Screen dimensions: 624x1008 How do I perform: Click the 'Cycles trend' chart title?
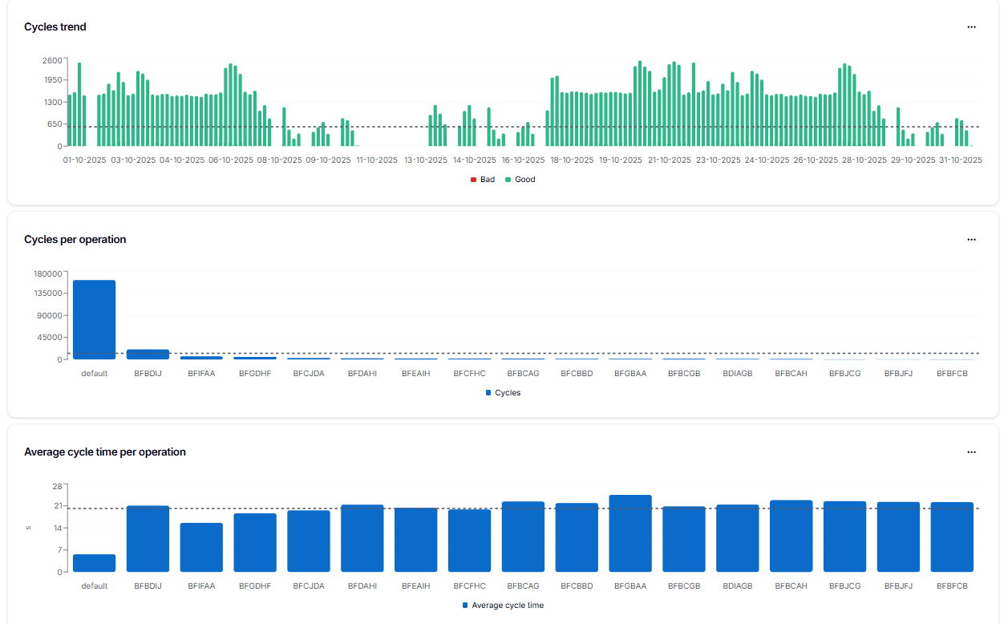click(x=55, y=27)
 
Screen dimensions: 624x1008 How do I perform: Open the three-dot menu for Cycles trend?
click(x=971, y=27)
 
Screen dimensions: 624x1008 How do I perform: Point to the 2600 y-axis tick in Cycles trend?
click(x=52, y=60)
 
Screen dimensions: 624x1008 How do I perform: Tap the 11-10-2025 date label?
click(x=377, y=160)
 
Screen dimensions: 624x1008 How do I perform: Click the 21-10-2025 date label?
click(x=669, y=160)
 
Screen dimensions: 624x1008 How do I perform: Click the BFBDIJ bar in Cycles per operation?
click(x=148, y=355)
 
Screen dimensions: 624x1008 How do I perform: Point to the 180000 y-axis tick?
click(x=48, y=274)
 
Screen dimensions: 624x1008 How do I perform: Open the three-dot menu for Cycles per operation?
click(x=971, y=240)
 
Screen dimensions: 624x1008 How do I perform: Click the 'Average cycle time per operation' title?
click(x=105, y=452)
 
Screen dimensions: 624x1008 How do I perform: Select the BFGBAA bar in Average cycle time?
click(x=630, y=533)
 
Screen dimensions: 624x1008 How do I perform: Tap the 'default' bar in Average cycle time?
click(x=94, y=563)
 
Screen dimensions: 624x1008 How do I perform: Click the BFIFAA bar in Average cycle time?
click(x=201, y=547)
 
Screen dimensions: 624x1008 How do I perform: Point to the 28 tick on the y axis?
click(x=57, y=486)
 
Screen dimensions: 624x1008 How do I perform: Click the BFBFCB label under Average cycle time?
click(x=952, y=586)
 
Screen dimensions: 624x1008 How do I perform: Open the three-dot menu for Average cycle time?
click(x=971, y=452)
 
